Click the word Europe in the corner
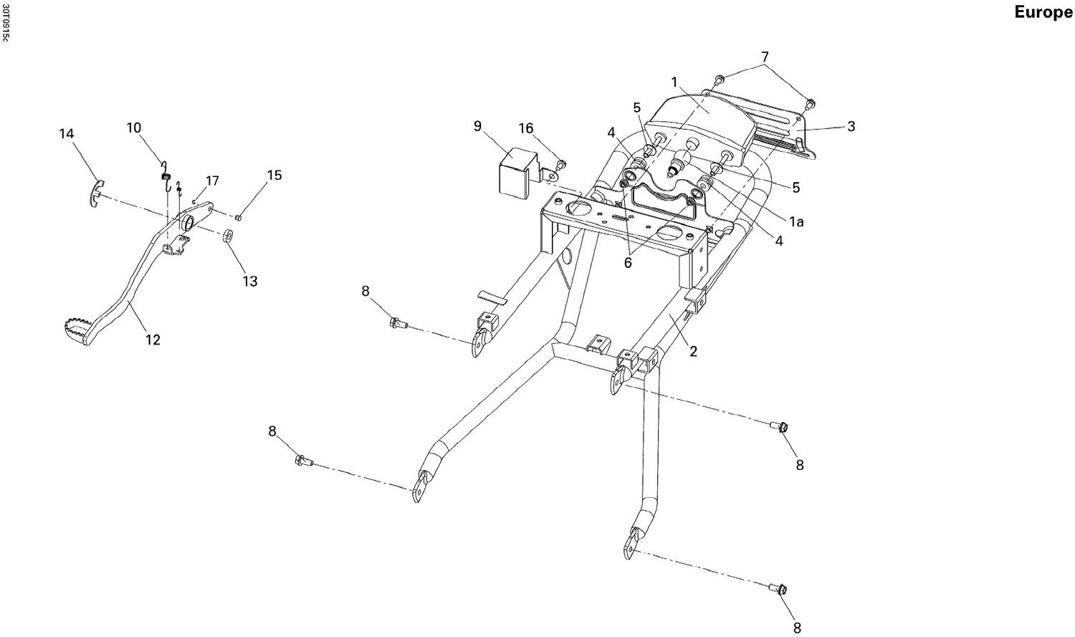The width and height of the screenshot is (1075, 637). pyautogui.click(x=1043, y=12)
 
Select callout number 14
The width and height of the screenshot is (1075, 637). pyautogui.click(x=67, y=134)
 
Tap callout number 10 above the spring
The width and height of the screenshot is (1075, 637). pyautogui.click(x=134, y=128)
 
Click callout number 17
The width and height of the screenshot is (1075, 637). pyautogui.click(x=212, y=181)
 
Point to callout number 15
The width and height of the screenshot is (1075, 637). pyautogui.click(x=274, y=176)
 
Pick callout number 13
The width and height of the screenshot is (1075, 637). pyautogui.click(x=249, y=282)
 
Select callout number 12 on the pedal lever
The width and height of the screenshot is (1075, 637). pyautogui.click(x=153, y=340)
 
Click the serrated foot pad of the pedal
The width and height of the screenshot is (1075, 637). pyautogui.click(x=75, y=332)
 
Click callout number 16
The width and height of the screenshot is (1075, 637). pyautogui.click(x=526, y=128)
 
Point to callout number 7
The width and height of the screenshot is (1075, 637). pyautogui.click(x=765, y=57)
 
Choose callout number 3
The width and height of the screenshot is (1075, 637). pyautogui.click(x=851, y=127)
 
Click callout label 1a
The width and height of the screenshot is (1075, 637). pyautogui.click(x=795, y=222)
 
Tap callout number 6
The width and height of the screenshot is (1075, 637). pyautogui.click(x=628, y=263)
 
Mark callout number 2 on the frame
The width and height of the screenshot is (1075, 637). pyautogui.click(x=693, y=352)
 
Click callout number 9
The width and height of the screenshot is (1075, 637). pyautogui.click(x=477, y=126)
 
